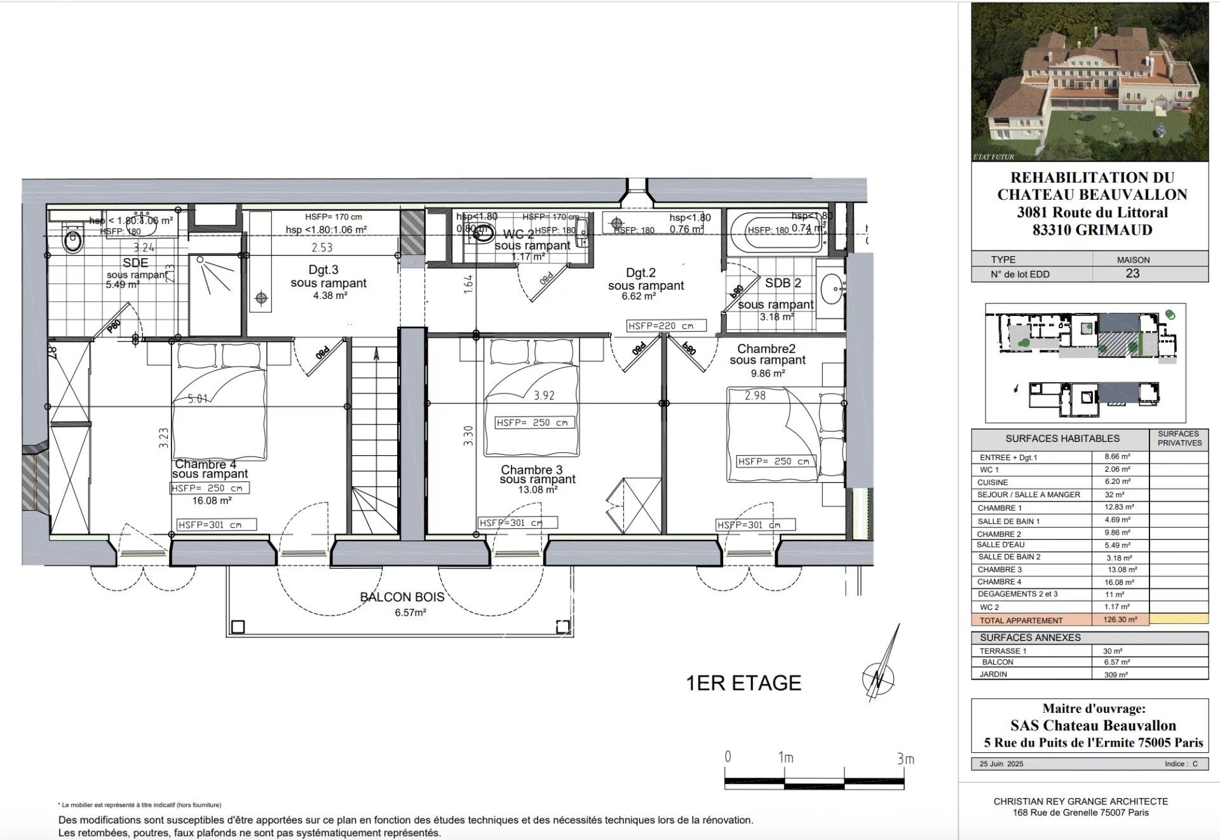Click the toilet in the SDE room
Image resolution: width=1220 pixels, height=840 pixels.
pyautogui.click(x=72, y=240)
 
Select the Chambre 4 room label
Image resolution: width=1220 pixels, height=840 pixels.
pyautogui.click(x=205, y=465)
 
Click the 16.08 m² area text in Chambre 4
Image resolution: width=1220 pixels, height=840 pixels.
pyautogui.click(x=212, y=501)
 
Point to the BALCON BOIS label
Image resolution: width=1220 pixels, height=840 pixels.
pyautogui.click(x=402, y=597)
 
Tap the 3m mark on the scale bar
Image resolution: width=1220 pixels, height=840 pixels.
pyautogui.click(x=904, y=759)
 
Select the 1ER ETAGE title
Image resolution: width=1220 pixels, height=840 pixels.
pyautogui.click(x=743, y=683)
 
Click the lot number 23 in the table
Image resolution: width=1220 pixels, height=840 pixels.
pyautogui.click(x=1132, y=273)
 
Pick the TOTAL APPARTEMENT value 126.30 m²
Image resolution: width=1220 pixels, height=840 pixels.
pyautogui.click(x=1120, y=619)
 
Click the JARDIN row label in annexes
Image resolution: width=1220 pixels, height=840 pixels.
pyautogui.click(x=993, y=674)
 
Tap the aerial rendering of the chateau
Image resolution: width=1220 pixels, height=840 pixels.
pyautogui.click(x=1090, y=83)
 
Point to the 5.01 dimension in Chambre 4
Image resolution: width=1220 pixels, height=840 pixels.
pyautogui.click(x=198, y=399)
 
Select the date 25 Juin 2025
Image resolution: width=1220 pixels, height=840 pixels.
pyautogui.click(x=1001, y=764)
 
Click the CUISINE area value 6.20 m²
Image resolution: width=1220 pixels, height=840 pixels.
pyautogui.click(x=1116, y=482)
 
